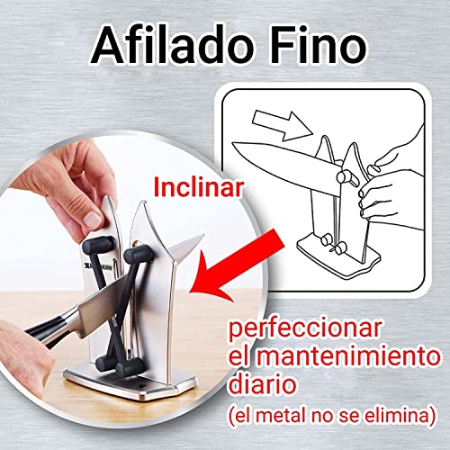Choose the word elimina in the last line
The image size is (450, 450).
[x=401, y=415]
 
